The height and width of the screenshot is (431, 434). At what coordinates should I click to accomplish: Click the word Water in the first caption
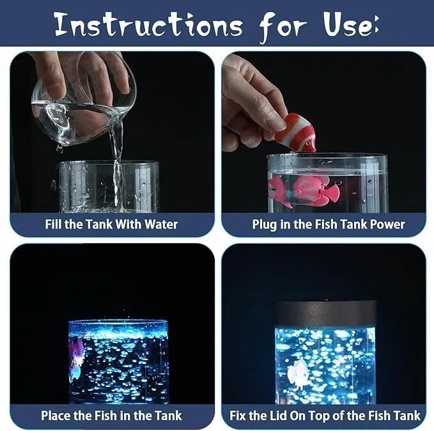pos(161,224)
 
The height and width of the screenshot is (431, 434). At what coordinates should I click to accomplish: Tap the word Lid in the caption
pos(277,416)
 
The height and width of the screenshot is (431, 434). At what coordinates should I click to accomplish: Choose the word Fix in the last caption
pos(238,416)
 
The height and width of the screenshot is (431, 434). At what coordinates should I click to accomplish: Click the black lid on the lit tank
pos(325,314)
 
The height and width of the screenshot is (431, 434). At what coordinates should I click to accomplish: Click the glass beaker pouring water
pos(83,100)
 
